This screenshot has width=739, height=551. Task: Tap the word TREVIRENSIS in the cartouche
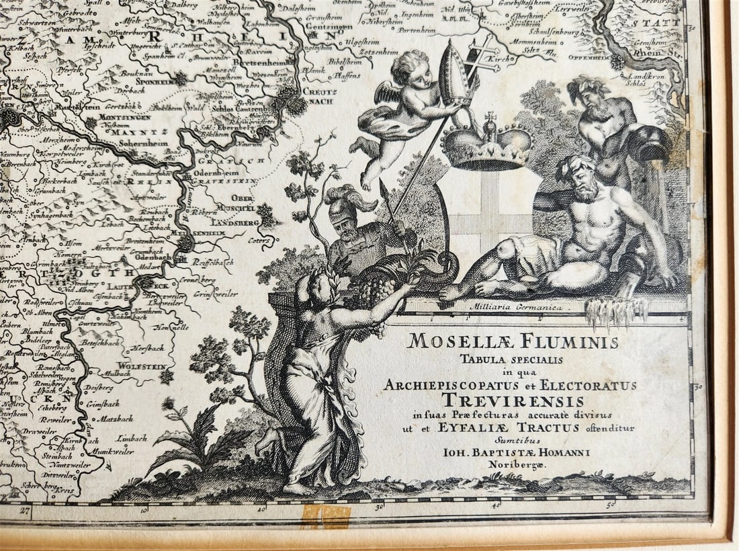click(509, 400)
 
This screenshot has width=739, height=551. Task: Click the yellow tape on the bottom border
click(326, 516)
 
